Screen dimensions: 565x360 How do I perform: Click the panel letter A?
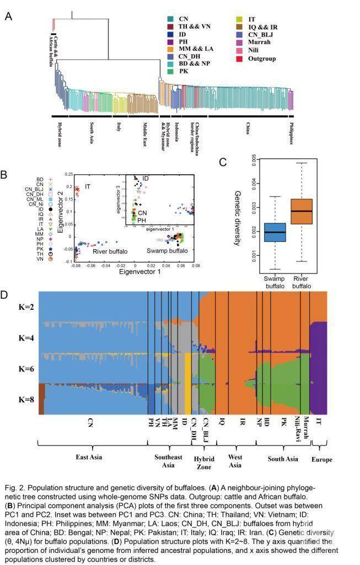(8, 16)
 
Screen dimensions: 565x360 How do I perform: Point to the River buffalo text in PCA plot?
(110, 251)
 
